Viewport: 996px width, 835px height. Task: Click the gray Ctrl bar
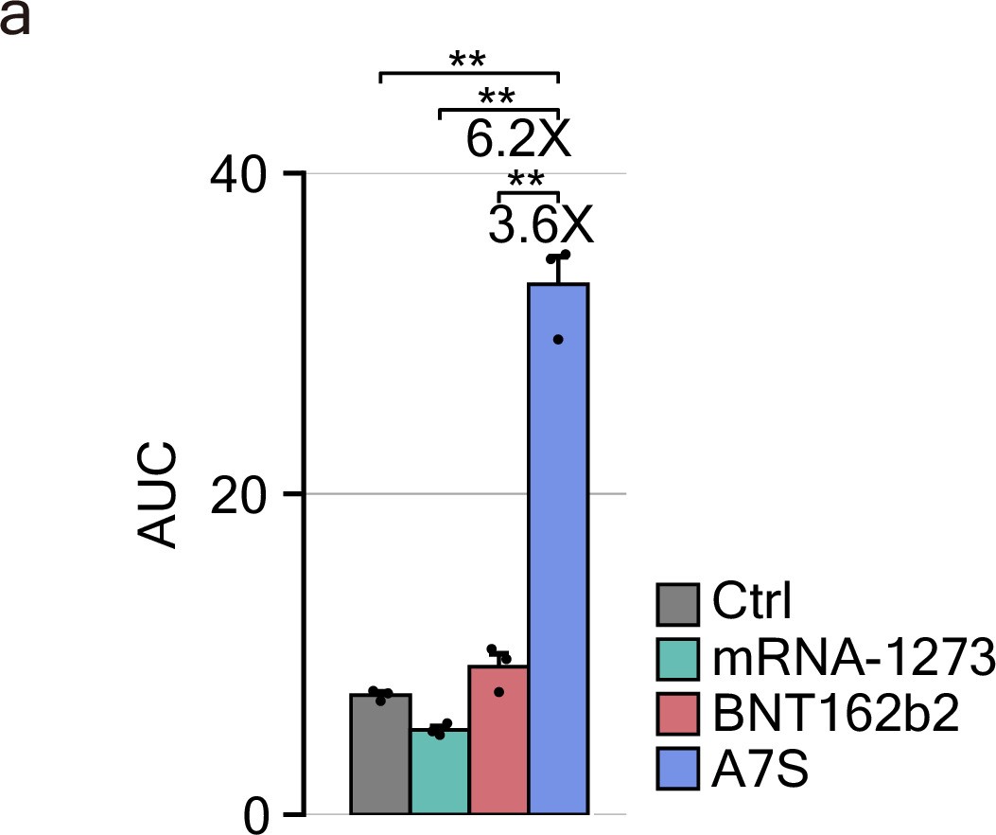click(380, 755)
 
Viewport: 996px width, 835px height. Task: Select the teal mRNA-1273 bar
click(440, 772)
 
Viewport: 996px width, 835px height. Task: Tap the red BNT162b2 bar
click(499, 740)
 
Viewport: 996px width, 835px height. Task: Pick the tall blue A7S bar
click(559, 549)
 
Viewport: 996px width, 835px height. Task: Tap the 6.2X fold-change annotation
click(518, 140)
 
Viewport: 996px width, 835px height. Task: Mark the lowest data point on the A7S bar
click(558, 339)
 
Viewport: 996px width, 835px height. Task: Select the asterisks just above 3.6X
click(527, 180)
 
